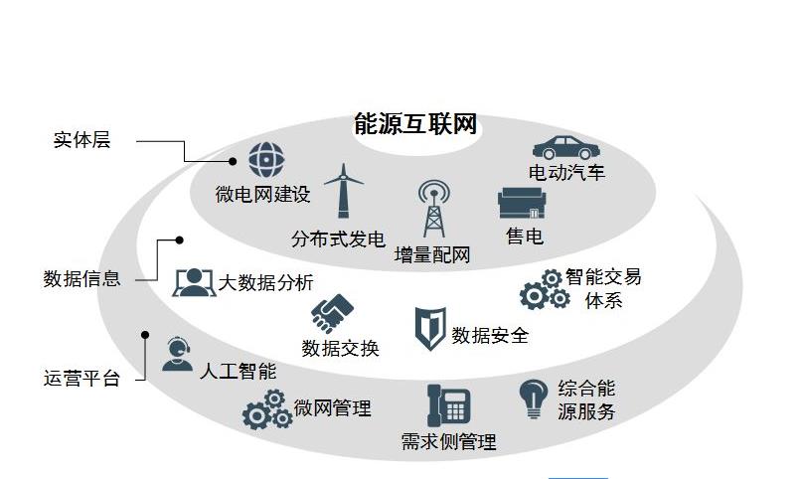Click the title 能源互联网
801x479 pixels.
coord(415,124)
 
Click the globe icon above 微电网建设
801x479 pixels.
coord(264,159)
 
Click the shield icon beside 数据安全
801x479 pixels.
coord(429,328)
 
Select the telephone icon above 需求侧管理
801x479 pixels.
coord(447,405)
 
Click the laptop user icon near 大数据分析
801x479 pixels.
coord(194,283)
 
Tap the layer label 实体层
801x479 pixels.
coord(81,140)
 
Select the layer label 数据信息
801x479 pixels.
coord(81,278)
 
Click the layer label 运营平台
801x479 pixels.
coord(81,378)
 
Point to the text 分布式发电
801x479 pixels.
coord(338,239)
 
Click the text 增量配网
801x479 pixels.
coord(431,254)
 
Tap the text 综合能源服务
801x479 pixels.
coord(586,399)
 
